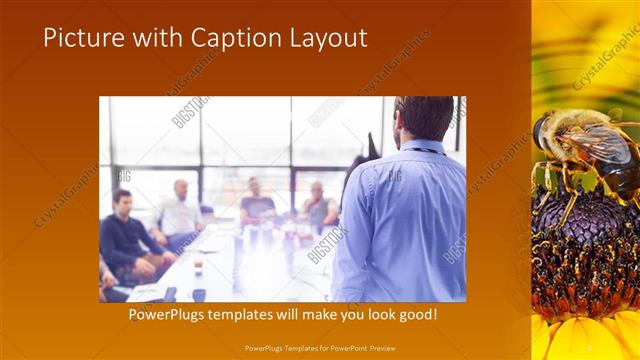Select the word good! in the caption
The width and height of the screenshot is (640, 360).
[415, 314]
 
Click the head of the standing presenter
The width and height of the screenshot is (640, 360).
[424, 117]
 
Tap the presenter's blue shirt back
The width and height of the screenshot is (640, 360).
[405, 220]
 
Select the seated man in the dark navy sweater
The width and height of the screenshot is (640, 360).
[126, 235]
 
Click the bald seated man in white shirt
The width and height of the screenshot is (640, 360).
[180, 210]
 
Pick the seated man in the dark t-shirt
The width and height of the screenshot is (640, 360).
[257, 204]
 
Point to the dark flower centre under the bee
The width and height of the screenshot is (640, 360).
[580, 260]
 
